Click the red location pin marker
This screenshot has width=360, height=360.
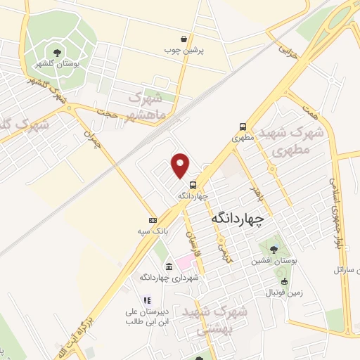(181, 165)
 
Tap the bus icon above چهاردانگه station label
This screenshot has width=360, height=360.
(183, 184)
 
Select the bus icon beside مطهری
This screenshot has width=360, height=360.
(243, 127)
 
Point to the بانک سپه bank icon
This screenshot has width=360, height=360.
(152, 221)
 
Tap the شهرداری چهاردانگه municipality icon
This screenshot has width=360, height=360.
(169, 266)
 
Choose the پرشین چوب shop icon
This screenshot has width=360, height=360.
(184, 39)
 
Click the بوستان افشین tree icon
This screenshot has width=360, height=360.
(272, 249)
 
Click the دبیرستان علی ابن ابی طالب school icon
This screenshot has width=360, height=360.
(148, 300)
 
